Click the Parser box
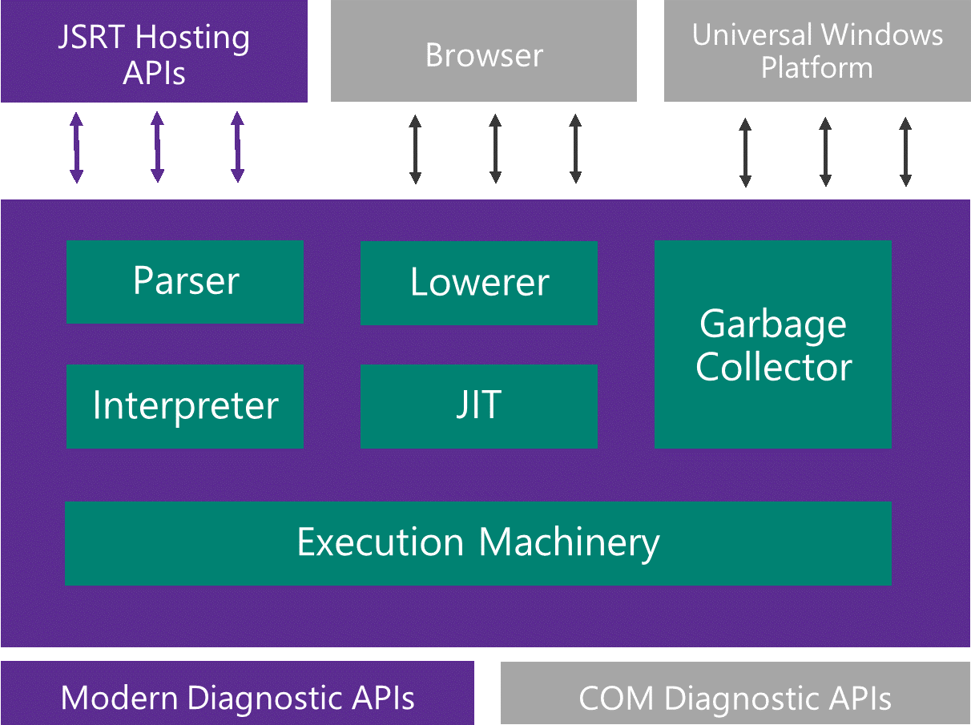pos(185,282)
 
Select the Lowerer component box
pos(478,283)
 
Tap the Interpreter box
pos(185,406)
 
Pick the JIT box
pos(478,406)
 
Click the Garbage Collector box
pos(773,344)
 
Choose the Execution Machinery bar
pos(478,543)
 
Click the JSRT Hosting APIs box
pos(154,52)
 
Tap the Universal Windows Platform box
pos(817,52)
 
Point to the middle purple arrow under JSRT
pos(157,147)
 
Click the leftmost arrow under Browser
pos(415,149)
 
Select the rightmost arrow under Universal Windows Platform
pos(905,152)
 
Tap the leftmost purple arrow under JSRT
pos(76,147)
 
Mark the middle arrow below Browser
pos(495,149)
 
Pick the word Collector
pos(773,367)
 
